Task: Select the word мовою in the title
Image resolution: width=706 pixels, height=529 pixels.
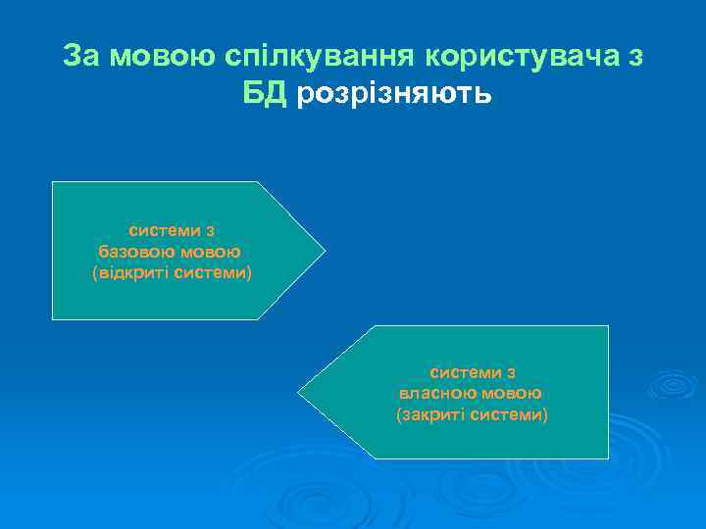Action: (x=157, y=56)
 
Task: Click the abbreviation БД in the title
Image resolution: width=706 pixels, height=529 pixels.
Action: (x=265, y=95)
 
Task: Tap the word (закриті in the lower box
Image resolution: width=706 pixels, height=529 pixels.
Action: (x=429, y=414)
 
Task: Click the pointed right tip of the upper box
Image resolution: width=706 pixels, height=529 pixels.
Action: (x=322, y=251)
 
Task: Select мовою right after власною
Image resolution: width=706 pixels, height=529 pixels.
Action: (x=512, y=394)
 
